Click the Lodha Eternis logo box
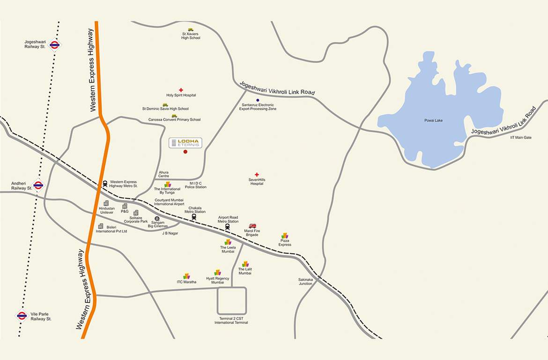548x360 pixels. pyautogui.click(x=185, y=143)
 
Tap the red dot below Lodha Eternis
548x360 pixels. pyautogui.click(x=185, y=152)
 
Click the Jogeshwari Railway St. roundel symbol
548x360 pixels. pyautogui.click(x=54, y=45)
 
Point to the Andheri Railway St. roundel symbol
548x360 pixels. pyautogui.click(x=38, y=185)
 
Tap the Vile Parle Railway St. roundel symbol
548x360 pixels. pyautogui.click(x=22, y=315)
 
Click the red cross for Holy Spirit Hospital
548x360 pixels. pyautogui.click(x=181, y=90)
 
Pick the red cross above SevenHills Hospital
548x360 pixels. pyautogui.click(x=257, y=174)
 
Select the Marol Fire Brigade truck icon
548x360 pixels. pyautogui.click(x=252, y=226)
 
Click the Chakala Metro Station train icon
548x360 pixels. pyautogui.click(x=194, y=217)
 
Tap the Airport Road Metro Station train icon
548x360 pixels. pyautogui.click(x=228, y=227)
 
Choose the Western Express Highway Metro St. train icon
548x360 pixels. pyautogui.click(x=105, y=184)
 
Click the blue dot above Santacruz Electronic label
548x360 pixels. pyautogui.click(x=258, y=100)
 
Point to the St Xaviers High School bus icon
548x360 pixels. pyautogui.click(x=191, y=30)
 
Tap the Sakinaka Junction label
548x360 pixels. pyautogui.click(x=305, y=282)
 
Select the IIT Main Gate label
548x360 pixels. pyautogui.click(x=521, y=137)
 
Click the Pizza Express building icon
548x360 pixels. pyautogui.click(x=285, y=236)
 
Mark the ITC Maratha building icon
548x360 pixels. pyautogui.click(x=186, y=276)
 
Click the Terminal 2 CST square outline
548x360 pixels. pyautogui.click(x=232, y=301)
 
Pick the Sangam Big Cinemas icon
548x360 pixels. pyautogui.click(x=156, y=218)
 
